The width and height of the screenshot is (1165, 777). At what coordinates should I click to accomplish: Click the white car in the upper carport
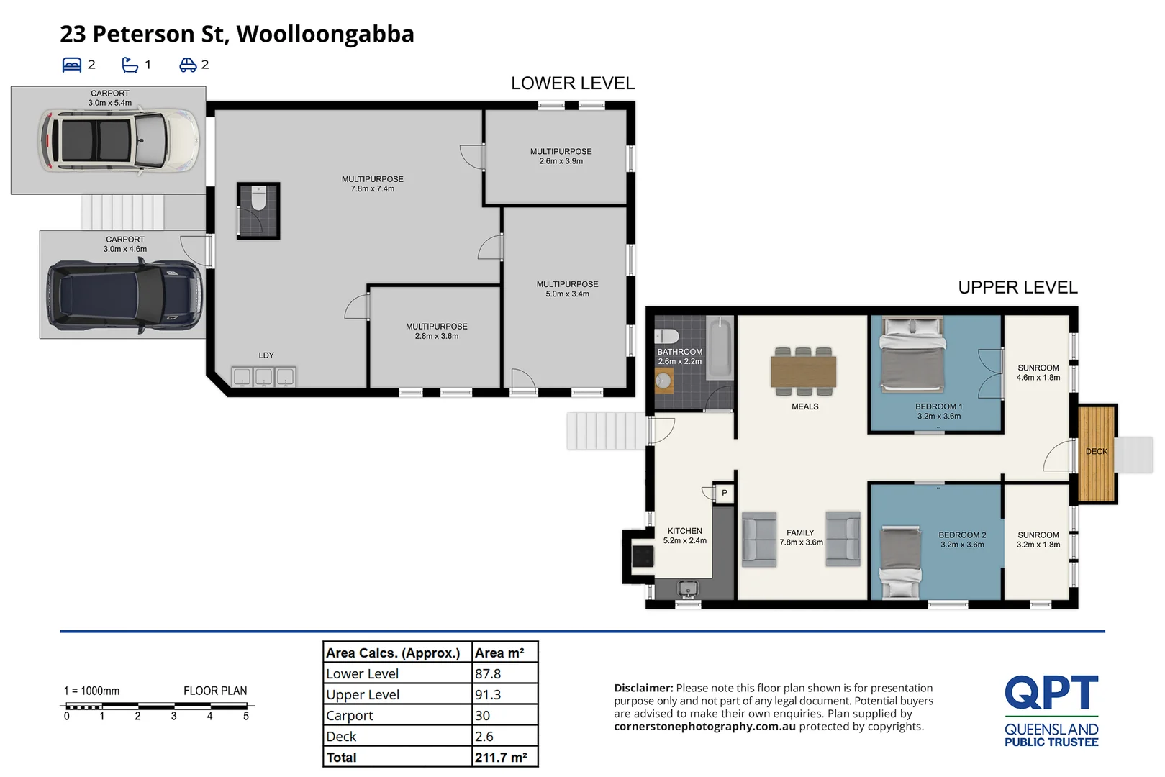pos(119,140)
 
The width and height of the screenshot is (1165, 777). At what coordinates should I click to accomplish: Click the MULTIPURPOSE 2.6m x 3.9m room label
pos(561,156)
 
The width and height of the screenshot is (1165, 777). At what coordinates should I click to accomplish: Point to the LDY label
pos(266,355)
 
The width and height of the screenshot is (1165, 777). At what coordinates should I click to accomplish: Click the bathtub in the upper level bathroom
pos(718,349)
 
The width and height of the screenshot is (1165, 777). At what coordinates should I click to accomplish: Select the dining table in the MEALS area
pos(803,372)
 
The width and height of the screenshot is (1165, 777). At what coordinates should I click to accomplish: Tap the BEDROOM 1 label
pos(938,411)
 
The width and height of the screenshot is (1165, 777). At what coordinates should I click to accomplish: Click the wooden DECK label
pos(1096,452)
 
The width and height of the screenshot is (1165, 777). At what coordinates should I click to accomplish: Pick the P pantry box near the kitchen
pos(724,493)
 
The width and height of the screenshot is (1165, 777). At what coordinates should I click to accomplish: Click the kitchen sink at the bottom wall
pos(688,589)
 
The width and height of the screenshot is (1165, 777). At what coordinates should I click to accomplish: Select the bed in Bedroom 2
pos(901,562)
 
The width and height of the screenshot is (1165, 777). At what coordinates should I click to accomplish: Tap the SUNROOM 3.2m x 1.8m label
pos(1038,540)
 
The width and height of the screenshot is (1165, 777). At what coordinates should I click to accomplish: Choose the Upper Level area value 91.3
pos(488,695)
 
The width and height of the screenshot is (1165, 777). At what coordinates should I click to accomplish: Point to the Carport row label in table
pos(350,716)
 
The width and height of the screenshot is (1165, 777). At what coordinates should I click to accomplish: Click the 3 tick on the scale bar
pos(173,716)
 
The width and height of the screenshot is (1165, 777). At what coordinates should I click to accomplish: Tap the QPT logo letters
pos(1051,692)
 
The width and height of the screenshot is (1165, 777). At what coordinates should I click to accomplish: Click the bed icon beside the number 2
pos(72,65)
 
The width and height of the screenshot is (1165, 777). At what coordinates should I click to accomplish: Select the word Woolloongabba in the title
pos(325,34)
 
